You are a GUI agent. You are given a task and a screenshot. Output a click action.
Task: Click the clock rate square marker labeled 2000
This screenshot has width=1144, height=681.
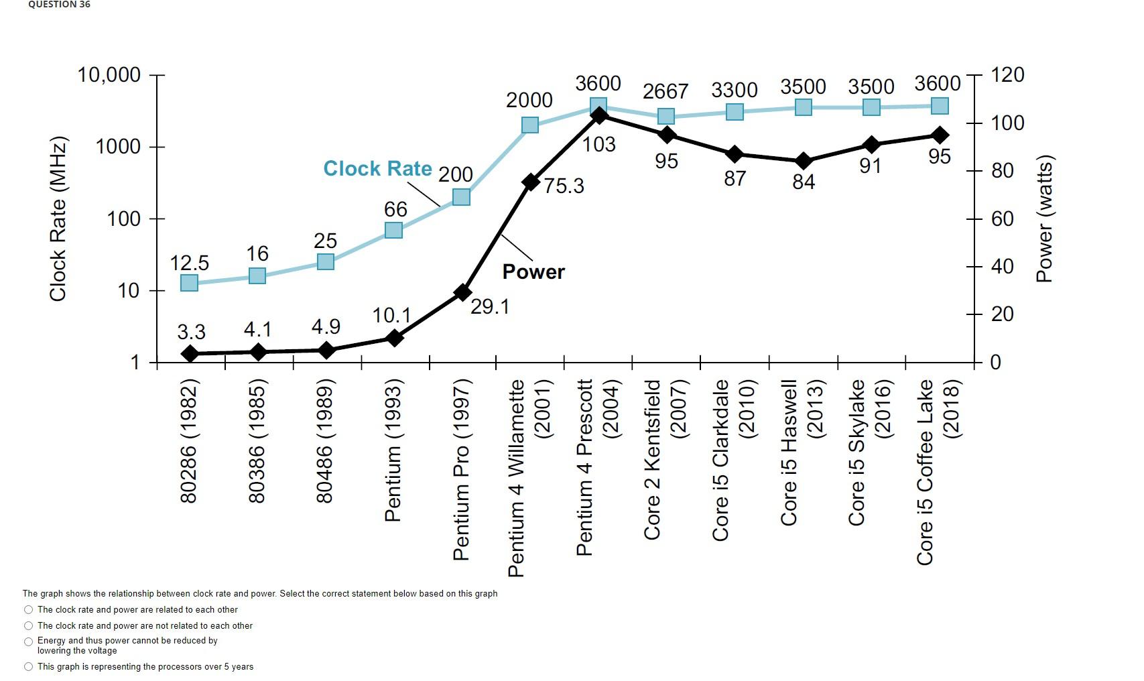(x=529, y=125)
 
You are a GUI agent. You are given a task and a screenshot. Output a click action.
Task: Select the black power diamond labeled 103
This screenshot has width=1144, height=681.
(x=599, y=115)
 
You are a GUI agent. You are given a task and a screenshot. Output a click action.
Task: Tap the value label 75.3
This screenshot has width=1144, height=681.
(x=564, y=186)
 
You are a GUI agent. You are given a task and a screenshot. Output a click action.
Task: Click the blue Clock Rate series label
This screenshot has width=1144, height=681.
(x=377, y=168)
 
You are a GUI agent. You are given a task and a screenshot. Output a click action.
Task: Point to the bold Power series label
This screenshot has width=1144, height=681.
(x=533, y=271)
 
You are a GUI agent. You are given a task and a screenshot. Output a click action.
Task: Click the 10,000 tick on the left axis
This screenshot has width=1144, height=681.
(x=109, y=74)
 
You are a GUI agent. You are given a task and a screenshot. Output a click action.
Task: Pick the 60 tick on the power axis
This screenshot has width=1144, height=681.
(x=1002, y=219)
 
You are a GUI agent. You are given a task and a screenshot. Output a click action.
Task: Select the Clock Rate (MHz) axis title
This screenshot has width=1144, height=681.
(x=58, y=219)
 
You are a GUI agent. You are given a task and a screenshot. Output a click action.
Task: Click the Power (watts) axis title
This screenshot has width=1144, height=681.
(x=1044, y=219)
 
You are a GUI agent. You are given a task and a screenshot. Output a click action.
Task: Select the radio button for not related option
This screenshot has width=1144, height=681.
(x=28, y=625)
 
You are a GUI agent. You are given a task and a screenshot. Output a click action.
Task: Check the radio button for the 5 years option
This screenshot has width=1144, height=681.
(x=28, y=666)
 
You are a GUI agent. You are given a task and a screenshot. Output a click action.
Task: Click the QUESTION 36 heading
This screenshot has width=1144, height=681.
(x=59, y=5)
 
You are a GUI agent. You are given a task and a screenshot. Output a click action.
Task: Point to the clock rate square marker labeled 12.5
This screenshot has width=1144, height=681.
(x=190, y=283)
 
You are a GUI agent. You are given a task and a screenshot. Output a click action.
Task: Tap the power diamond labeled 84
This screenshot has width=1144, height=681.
(x=803, y=161)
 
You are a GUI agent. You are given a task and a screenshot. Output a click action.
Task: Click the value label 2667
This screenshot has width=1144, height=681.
(x=665, y=91)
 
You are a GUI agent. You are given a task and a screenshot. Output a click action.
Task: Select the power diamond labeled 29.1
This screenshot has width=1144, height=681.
(x=462, y=292)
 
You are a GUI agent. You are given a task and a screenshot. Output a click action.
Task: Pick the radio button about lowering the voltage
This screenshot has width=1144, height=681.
(x=28, y=641)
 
